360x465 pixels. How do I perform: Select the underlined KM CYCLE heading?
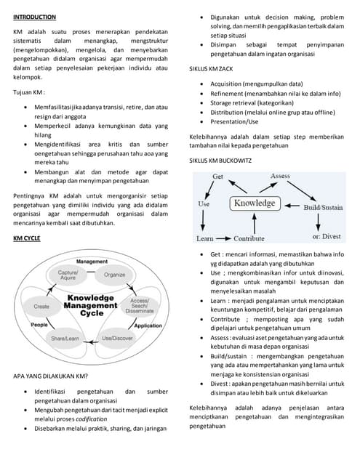[x=28, y=238]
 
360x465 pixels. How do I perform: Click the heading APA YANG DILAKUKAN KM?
[x=51, y=376]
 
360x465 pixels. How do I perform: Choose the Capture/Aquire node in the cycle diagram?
[x=68, y=275]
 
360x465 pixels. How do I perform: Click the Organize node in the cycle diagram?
[x=114, y=275]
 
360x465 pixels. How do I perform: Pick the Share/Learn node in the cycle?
[x=67, y=339]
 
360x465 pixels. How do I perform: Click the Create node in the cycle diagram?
[x=41, y=307]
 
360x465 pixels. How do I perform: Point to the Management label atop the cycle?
[x=92, y=261]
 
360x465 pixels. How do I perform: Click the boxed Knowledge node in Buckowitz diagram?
[x=255, y=203]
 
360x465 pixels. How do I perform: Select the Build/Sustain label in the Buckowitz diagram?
[x=322, y=207]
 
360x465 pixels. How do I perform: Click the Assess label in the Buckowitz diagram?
[x=280, y=176]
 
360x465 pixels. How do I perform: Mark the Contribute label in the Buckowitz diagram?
[x=249, y=238]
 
